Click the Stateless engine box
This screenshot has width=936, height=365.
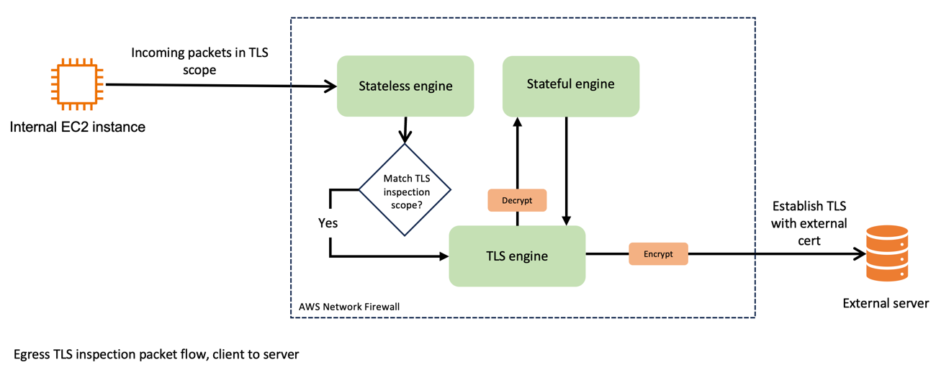click(x=405, y=86)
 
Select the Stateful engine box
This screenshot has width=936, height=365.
click(x=570, y=85)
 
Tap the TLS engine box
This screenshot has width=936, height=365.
click(x=517, y=256)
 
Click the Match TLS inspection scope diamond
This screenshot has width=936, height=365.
click(x=405, y=190)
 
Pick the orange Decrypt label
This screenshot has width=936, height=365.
click(x=517, y=200)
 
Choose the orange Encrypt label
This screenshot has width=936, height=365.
click(x=658, y=254)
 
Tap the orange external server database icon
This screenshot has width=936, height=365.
click(x=886, y=253)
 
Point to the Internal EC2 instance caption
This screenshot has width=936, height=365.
click(x=78, y=127)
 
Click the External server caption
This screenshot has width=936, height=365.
click(x=886, y=303)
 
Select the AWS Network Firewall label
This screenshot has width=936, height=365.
click(x=349, y=307)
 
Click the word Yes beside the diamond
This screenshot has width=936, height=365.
click(x=328, y=223)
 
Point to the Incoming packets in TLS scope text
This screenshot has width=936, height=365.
click(x=199, y=61)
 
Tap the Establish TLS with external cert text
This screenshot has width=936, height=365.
click(x=809, y=223)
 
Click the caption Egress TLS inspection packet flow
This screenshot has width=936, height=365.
click(x=156, y=354)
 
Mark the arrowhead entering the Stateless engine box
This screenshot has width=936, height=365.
click(x=331, y=87)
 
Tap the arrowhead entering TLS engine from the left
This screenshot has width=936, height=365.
click(x=443, y=256)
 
